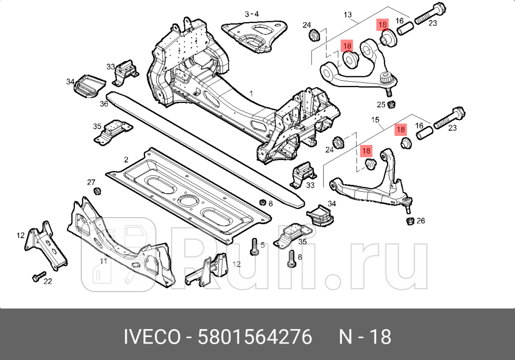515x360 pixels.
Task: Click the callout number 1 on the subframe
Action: click(251, 93)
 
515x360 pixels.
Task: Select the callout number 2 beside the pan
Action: click(126, 159)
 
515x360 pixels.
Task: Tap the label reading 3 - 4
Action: click(251, 14)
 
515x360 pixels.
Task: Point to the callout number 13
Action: click(348, 15)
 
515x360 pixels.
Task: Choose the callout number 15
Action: click(375, 121)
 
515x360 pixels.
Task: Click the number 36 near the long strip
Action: click(105, 104)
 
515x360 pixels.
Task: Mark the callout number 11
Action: click(104, 261)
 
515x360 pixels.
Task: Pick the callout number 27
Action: click(91, 182)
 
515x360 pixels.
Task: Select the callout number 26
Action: click(421, 221)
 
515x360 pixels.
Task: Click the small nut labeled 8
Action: click(262, 202)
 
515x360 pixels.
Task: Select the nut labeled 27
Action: click(97, 191)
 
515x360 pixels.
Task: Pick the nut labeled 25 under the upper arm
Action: click(392, 104)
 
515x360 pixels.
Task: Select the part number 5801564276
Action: click(254, 337)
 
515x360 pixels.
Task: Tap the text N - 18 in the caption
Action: click(365, 337)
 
